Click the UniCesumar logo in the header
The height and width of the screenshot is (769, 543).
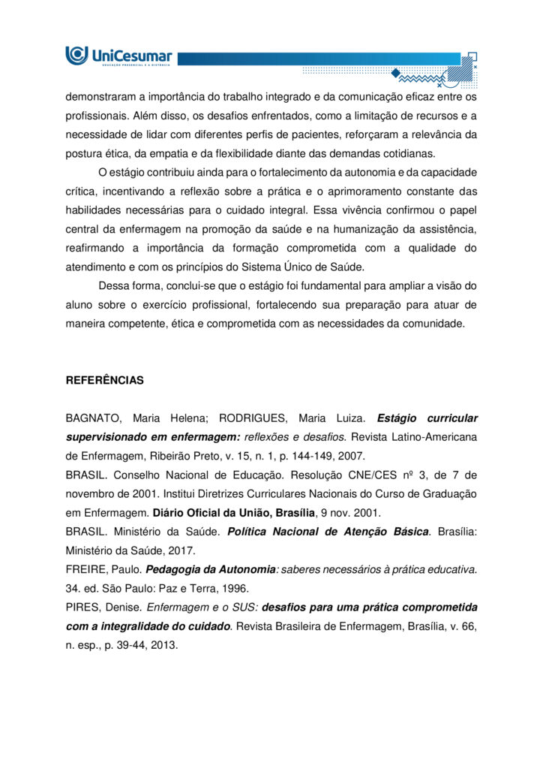tap(118, 56)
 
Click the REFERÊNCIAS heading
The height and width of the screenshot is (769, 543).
tap(104, 381)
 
